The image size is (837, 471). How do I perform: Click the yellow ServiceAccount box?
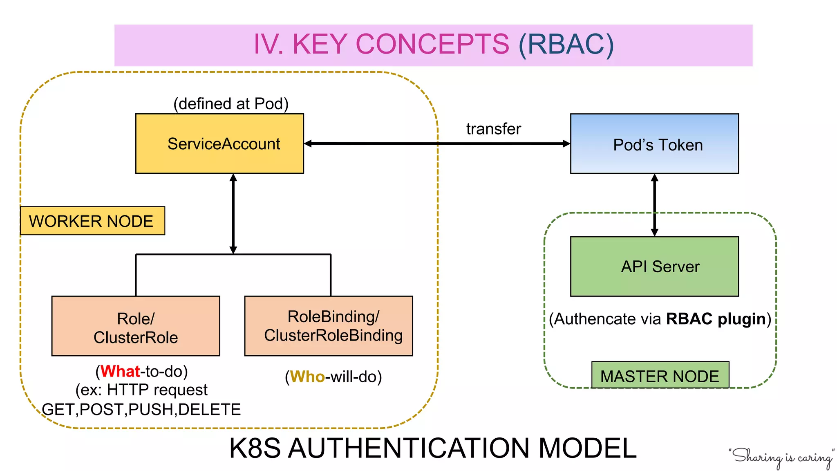(219, 144)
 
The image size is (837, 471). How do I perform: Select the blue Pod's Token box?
(654, 144)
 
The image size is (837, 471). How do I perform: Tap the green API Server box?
(654, 266)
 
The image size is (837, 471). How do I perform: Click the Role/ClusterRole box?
(136, 326)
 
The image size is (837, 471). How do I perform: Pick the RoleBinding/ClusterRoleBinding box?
(329, 326)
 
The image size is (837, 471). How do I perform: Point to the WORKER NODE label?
(92, 221)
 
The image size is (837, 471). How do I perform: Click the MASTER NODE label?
(660, 375)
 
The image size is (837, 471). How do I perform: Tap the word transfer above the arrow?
(493, 129)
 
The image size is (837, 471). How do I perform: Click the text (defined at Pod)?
(231, 104)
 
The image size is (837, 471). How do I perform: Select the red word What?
(120, 371)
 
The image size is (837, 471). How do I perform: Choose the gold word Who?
(307, 377)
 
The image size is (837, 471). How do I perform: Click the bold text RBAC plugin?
(715, 319)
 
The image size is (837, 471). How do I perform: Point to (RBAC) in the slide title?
(566, 44)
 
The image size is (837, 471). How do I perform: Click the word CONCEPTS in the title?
(432, 44)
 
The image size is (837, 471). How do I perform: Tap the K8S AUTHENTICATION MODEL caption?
(432, 448)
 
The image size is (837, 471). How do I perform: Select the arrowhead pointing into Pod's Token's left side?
(566, 144)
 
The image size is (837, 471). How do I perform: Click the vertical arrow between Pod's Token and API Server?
(654, 204)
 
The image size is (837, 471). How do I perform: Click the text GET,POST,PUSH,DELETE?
(141, 409)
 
